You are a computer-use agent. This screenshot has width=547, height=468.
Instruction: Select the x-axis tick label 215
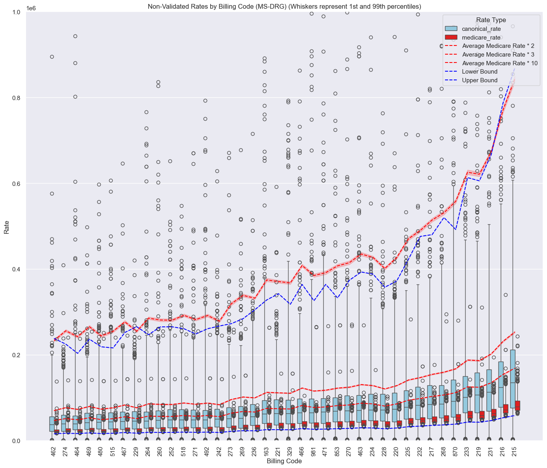[x=514, y=450]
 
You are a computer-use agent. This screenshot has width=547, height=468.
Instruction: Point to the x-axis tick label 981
[x=313, y=450]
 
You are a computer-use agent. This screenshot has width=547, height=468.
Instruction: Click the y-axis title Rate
[x=7, y=226]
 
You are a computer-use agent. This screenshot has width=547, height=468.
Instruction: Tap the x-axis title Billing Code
[x=284, y=461]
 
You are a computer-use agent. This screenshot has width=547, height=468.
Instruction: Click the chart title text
[x=284, y=6]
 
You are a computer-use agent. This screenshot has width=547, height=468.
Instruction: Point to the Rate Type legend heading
[x=491, y=20]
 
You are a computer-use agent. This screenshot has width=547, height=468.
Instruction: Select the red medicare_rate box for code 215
[x=517, y=405]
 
